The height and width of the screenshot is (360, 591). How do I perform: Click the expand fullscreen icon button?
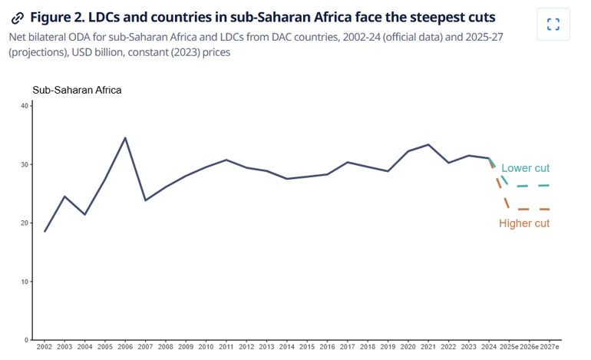(x=553, y=25)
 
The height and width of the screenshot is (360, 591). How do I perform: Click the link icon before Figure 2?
(x=18, y=18)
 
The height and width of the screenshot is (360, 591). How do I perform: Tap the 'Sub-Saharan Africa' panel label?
(x=77, y=90)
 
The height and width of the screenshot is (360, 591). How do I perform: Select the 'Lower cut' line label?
(x=525, y=168)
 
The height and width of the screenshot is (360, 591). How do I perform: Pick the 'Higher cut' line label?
(x=524, y=223)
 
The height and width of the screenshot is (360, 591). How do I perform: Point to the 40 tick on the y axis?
(x=24, y=106)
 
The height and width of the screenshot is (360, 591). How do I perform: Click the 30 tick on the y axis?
(x=24, y=164)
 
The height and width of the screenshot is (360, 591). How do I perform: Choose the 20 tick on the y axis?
(x=24, y=223)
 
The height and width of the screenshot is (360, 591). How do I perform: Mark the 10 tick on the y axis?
(x=24, y=282)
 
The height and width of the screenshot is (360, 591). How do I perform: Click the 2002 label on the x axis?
(x=44, y=347)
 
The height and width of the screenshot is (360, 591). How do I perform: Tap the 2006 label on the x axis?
(x=125, y=347)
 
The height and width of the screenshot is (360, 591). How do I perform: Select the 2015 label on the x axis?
(x=308, y=347)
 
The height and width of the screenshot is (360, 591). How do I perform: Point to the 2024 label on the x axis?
(x=489, y=347)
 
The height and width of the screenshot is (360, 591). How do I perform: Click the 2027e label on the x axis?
(x=550, y=347)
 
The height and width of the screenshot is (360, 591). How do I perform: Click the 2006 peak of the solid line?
(x=125, y=138)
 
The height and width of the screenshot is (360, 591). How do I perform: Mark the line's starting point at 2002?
(x=45, y=231)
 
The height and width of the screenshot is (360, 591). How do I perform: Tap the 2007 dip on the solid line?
(x=145, y=200)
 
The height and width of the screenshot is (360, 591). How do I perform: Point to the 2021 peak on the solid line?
(x=428, y=144)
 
